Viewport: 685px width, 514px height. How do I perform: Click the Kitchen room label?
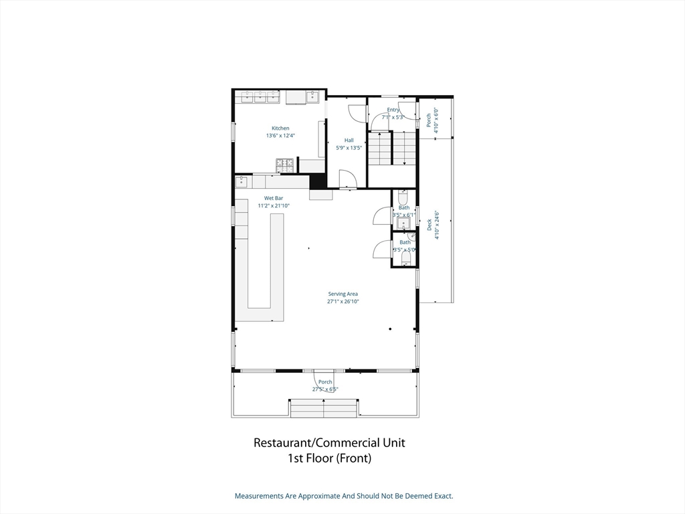click(280, 128)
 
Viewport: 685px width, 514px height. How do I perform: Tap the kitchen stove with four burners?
click(285, 165)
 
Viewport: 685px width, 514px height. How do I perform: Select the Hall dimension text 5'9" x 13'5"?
click(349, 148)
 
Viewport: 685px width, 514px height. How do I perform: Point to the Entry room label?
click(393, 110)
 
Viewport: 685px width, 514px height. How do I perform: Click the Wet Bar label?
click(274, 198)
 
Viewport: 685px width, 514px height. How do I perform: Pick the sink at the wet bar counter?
click(241, 181)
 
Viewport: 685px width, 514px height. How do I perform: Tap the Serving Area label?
click(342, 294)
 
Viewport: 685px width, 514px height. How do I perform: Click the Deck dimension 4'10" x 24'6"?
click(437, 225)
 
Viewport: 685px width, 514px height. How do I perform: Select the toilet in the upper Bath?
click(403, 197)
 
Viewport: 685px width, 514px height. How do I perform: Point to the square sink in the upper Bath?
click(403, 223)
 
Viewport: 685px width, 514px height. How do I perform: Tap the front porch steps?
click(324, 408)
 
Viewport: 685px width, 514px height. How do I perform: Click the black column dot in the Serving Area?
click(390, 329)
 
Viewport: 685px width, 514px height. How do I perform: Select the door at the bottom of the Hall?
click(348, 179)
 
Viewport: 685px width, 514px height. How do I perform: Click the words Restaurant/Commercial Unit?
click(329, 442)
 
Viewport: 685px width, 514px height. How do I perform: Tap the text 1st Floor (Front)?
click(329, 458)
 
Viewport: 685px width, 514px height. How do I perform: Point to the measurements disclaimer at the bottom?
click(343, 496)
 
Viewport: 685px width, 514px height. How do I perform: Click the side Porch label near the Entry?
click(429, 120)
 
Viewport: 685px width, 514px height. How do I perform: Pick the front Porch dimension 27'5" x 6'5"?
click(325, 389)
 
